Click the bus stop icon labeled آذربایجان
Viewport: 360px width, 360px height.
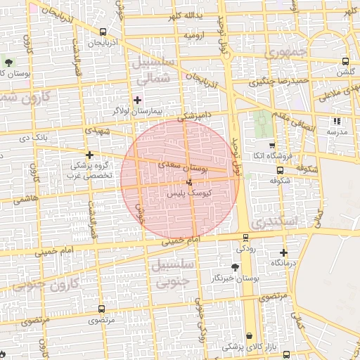pyautogui.click(x=104, y=32)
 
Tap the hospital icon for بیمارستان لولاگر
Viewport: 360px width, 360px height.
pyautogui.click(x=137, y=100)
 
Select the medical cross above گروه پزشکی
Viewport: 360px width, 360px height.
pyautogui.click(x=89, y=155)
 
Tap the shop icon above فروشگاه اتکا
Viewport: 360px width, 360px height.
pyautogui.click(x=271, y=145)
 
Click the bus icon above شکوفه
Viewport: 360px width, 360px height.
pyautogui.click(x=281, y=169)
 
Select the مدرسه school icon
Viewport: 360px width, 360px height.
pyautogui.click(x=337, y=121)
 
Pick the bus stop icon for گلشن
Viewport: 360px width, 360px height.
pyautogui.click(x=345, y=61)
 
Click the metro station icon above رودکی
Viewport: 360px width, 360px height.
pyautogui.click(x=245, y=238)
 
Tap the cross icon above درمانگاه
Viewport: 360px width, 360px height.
pyautogui.click(x=284, y=252)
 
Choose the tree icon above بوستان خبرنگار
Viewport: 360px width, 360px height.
pyautogui.click(x=234, y=267)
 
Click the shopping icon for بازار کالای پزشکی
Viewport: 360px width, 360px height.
pyautogui.click(x=250, y=336)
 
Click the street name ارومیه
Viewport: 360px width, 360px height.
pyautogui.click(x=195, y=34)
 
